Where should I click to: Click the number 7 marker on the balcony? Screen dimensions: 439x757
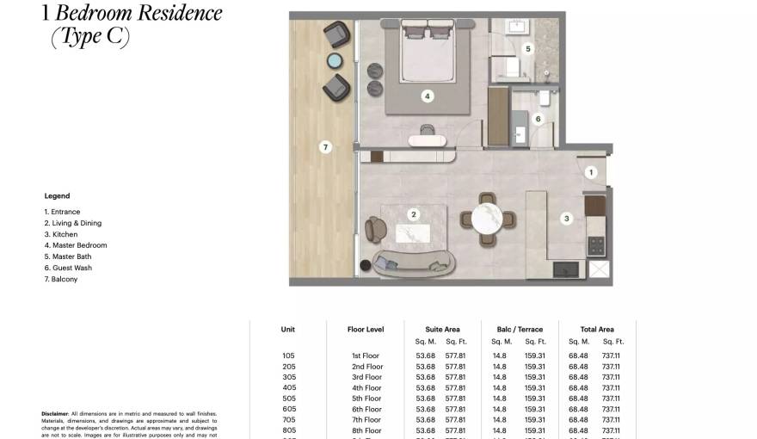325,147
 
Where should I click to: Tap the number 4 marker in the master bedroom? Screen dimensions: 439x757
427,96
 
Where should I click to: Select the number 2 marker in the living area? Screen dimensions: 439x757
414,214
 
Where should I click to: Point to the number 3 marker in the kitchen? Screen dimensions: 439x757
566,219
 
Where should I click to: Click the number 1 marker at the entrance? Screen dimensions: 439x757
590,172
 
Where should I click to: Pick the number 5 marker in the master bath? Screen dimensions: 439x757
528,49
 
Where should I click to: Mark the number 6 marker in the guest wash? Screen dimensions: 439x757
539,119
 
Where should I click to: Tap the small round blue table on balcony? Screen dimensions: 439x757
335,60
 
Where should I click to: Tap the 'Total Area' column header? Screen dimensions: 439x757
596,330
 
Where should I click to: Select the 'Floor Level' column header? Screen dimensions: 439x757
365,330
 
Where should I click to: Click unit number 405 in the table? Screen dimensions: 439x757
288,387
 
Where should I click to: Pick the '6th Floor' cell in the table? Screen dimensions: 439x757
366,409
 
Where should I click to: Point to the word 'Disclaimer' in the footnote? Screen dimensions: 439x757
55,414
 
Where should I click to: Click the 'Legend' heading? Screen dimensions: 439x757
57,196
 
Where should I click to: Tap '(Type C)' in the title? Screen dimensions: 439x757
90,37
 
